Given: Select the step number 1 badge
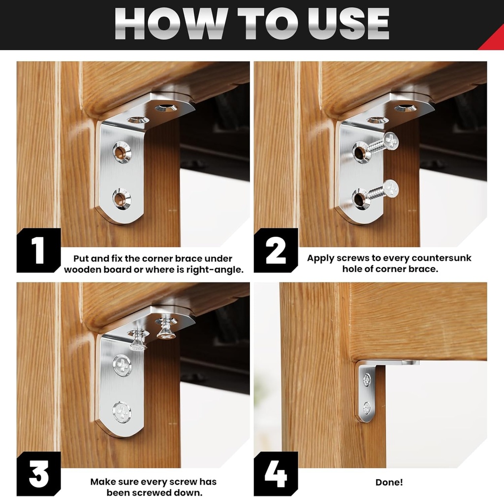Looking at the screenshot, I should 38,250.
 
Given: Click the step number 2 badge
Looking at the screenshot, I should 276,250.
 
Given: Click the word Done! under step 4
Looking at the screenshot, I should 389,482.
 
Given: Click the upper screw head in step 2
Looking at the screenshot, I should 391,141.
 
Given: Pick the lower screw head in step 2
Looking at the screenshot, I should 391,188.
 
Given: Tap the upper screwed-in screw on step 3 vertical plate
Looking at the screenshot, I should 122,366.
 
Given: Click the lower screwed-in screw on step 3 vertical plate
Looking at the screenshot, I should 122,411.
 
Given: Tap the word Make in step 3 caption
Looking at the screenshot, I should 103,482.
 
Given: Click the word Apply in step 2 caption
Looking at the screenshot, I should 322,258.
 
